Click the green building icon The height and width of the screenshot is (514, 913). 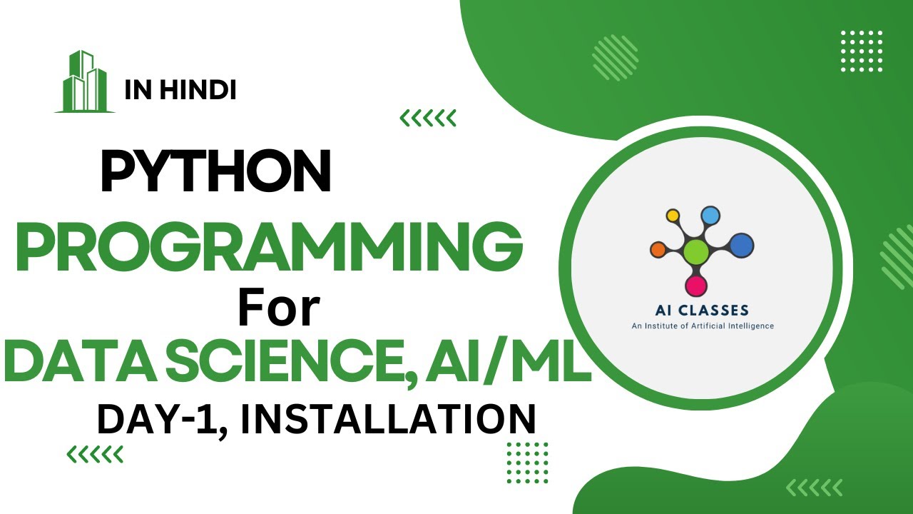point(84,82)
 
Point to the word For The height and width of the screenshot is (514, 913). point(278,309)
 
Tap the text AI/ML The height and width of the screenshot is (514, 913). point(509,362)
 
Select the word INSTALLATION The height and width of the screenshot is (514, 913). point(388,419)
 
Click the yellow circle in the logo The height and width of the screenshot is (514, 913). point(672,215)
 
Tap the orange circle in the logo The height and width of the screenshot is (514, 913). point(658,249)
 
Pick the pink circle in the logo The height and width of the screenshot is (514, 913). point(695,286)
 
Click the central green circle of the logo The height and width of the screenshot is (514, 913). point(695,251)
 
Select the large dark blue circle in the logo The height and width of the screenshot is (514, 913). point(742,246)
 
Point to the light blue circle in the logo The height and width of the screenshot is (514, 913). point(710,215)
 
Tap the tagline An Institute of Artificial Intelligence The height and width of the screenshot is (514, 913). point(703,326)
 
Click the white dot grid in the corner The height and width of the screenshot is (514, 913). point(862,51)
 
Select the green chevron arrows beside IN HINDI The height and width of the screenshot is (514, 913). point(427,118)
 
